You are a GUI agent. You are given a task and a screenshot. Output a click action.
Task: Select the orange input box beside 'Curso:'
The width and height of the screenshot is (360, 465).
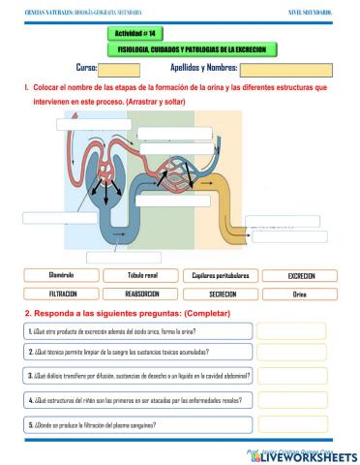pyautogui.click(x=120, y=69)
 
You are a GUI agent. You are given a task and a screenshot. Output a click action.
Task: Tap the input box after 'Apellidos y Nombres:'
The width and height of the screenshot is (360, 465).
pyautogui.click(x=280, y=69)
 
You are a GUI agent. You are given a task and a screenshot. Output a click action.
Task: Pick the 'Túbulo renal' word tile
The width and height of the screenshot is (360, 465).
pyautogui.click(x=141, y=276)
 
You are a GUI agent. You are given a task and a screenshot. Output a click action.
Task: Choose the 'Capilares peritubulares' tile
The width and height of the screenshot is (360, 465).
pyautogui.click(x=221, y=276)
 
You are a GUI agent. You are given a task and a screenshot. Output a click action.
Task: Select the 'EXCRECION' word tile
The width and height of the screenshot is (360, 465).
pyautogui.click(x=301, y=276)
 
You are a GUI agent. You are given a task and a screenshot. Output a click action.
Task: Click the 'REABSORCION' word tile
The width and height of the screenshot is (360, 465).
pyautogui.click(x=141, y=294)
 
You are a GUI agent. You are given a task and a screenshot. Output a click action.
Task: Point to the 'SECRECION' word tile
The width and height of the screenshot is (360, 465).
pyautogui.click(x=221, y=294)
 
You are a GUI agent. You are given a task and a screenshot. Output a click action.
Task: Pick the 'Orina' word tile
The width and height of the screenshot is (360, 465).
pyautogui.click(x=301, y=294)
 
